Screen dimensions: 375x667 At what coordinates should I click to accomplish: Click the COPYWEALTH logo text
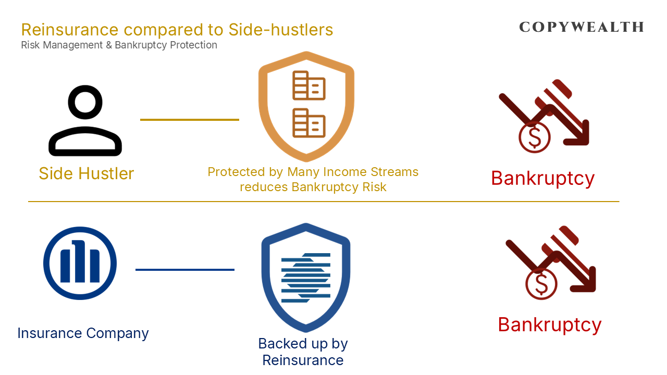pyautogui.click(x=582, y=27)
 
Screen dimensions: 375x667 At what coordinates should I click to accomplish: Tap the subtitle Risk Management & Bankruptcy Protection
pyautogui.click(x=119, y=45)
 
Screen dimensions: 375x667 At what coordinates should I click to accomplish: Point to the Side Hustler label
pyautogui.click(x=86, y=173)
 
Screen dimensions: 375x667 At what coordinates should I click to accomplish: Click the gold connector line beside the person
pyautogui.click(x=189, y=120)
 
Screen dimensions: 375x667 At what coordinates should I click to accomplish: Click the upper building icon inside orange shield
pyautogui.click(x=308, y=85)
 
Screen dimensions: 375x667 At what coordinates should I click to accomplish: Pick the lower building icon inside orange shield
pyautogui.click(x=308, y=123)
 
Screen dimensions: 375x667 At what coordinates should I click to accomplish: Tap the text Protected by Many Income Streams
pyautogui.click(x=313, y=172)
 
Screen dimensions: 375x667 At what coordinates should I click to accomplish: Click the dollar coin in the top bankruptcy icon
pyautogui.click(x=534, y=137)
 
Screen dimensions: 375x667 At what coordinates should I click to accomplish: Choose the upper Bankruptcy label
pyautogui.click(x=542, y=178)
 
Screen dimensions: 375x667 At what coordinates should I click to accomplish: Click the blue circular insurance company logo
pyautogui.click(x=80, y=263)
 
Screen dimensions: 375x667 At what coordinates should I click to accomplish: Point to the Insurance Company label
pyautogui.click(x=83, y=333)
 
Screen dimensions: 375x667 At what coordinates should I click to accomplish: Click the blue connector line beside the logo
pyautogui.click(x=184, y=270)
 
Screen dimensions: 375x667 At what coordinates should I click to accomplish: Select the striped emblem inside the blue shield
pyautogui.click(x=306, y=277)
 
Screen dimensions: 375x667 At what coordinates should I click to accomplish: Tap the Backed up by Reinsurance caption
pyautogui.click(x=303, y=352)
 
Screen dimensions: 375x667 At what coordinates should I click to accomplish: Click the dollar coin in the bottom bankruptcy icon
pyautogui.click(x=541, y=284)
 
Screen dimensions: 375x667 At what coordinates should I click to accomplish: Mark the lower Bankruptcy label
pyautogui.click(x=549, y=324)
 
